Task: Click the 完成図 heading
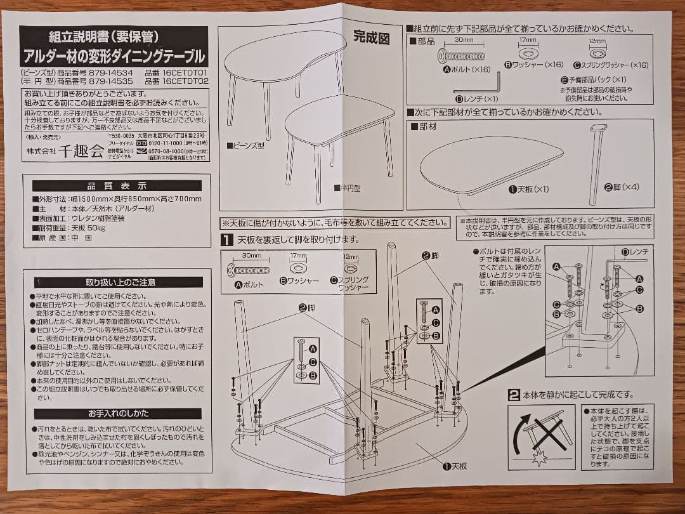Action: pyautogui.click(x=371, y=39)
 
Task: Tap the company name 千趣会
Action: pyautogui.click(x=81, y=150)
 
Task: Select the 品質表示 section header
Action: pyautogui.click(x=117, y=186)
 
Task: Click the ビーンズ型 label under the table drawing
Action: pyautogui.click(x=245, y=145)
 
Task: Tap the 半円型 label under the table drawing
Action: pyautogui.click(x=348, y=188)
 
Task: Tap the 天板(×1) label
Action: pyautogui.click(x=528, y=189)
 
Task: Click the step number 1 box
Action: pyautogui.click(x=226, y=240)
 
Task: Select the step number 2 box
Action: pyautogui.click(x=514, y=395)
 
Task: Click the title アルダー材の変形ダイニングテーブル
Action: pyautogui.click(x=114, y=56)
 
